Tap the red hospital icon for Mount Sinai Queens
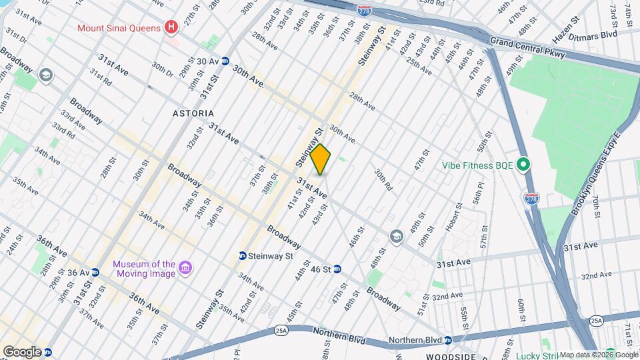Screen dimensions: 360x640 [x=172, y=28]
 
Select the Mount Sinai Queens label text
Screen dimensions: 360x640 [x=119, y=28]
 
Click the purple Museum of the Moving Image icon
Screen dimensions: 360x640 [x=186, y=269]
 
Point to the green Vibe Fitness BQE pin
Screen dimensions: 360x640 [x=523, y=164]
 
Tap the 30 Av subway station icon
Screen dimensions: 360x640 [x=225, y=61]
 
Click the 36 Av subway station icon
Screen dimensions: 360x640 [x=95, y=272]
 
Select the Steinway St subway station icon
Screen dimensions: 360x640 [x=243, y=255]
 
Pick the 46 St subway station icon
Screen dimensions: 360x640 [x=337, y=269]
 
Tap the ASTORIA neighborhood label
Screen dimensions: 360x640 [x=194, y=114]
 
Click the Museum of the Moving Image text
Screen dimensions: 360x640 [x=143, y=269]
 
